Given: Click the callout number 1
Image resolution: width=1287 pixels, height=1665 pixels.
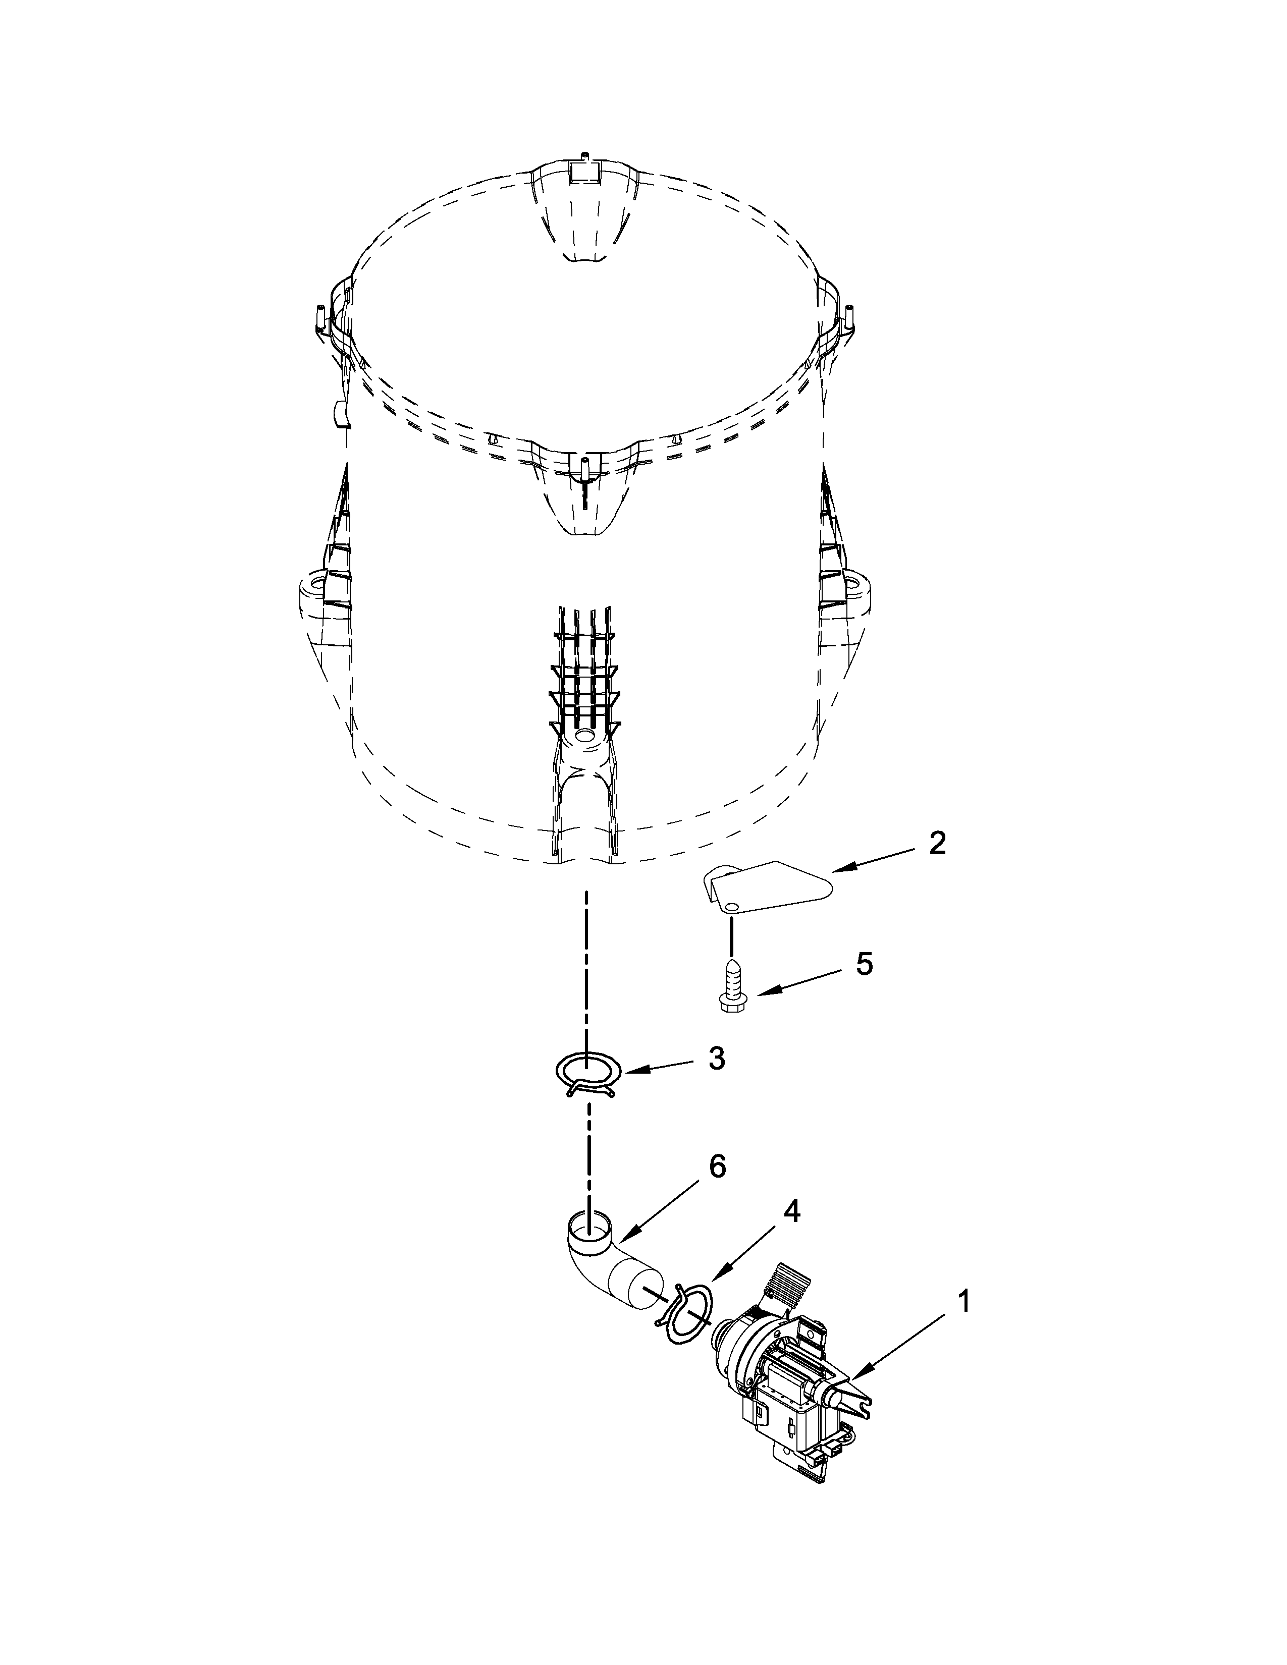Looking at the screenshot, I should tap(963, 1301).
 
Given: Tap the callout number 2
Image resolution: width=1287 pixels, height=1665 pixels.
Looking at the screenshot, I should tap(937, 843).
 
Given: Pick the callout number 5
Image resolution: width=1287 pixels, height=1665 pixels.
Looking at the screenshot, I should tap(864, 964).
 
